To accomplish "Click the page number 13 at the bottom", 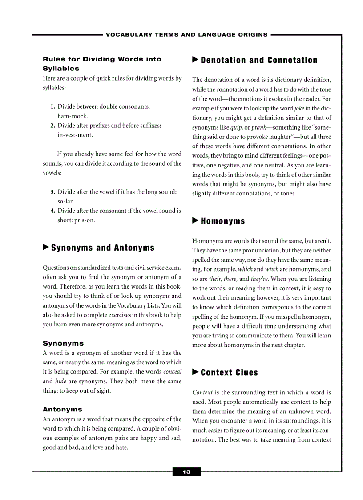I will coord(186,472).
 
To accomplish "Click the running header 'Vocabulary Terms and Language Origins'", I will coord(187,34).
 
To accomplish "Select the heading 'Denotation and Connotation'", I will coord(259,60).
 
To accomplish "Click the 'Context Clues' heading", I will coord(229,373).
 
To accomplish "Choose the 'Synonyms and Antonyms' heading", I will coord(103,248).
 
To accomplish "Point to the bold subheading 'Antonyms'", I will coord(62,409).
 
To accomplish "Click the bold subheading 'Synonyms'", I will coord(63,343).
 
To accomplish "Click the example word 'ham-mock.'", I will coord(73,116).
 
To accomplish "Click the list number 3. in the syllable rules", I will coord(52,192).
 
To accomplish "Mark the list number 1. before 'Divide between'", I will coord(52,107).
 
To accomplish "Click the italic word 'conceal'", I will coord(173,372).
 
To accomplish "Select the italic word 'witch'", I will coord(272,269).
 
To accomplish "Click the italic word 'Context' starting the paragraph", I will coord(202,392).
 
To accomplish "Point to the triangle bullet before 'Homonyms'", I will coord(195,220).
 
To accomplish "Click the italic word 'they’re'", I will coord(259,279).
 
